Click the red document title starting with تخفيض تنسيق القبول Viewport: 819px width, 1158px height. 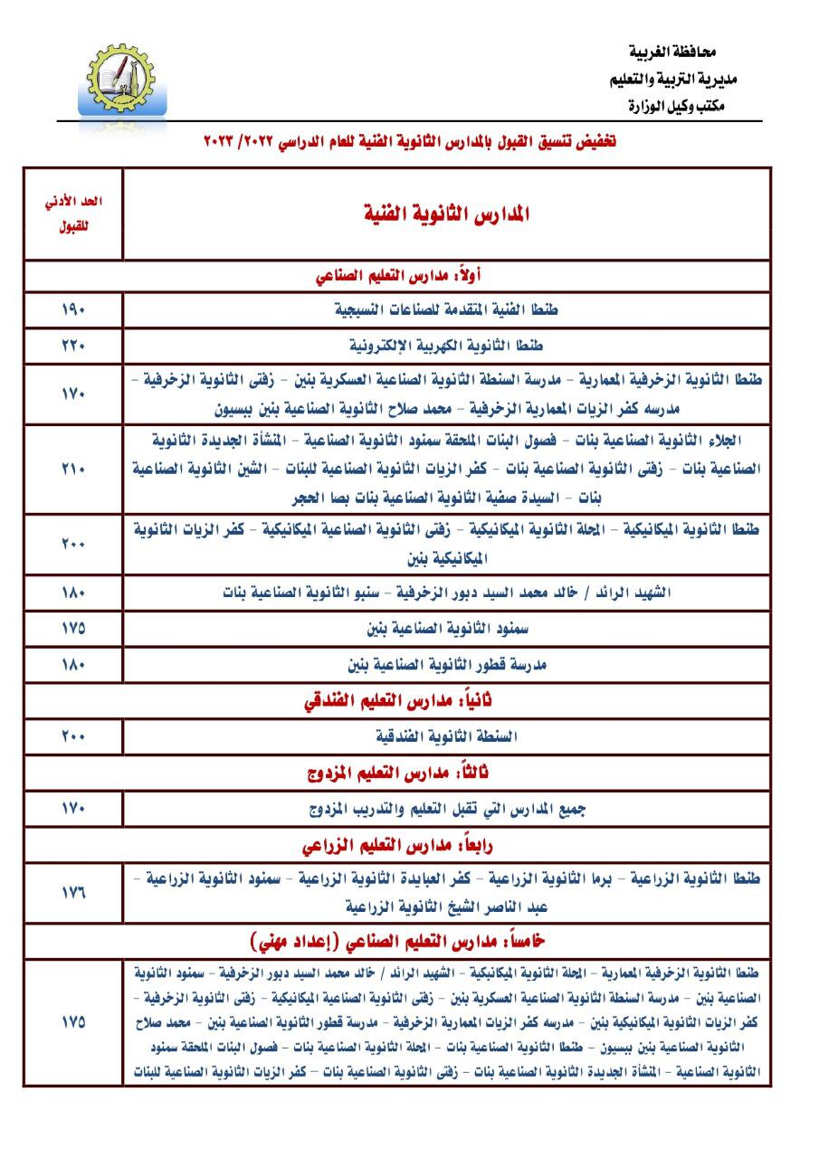[410, 142]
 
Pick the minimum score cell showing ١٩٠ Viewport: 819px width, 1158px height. [73, 309]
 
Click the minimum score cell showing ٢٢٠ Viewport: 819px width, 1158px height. [73, 346]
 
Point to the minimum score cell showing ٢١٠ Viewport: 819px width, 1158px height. [73, 469]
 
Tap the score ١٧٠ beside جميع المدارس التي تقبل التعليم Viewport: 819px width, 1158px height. [73, 810]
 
